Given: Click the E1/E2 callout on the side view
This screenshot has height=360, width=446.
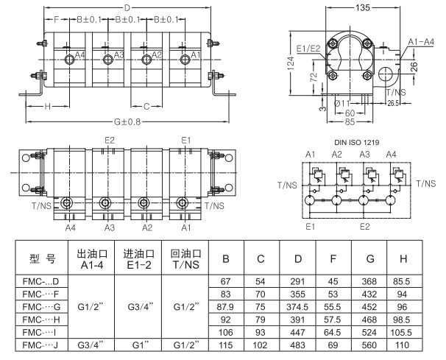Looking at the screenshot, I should point(309,48).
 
